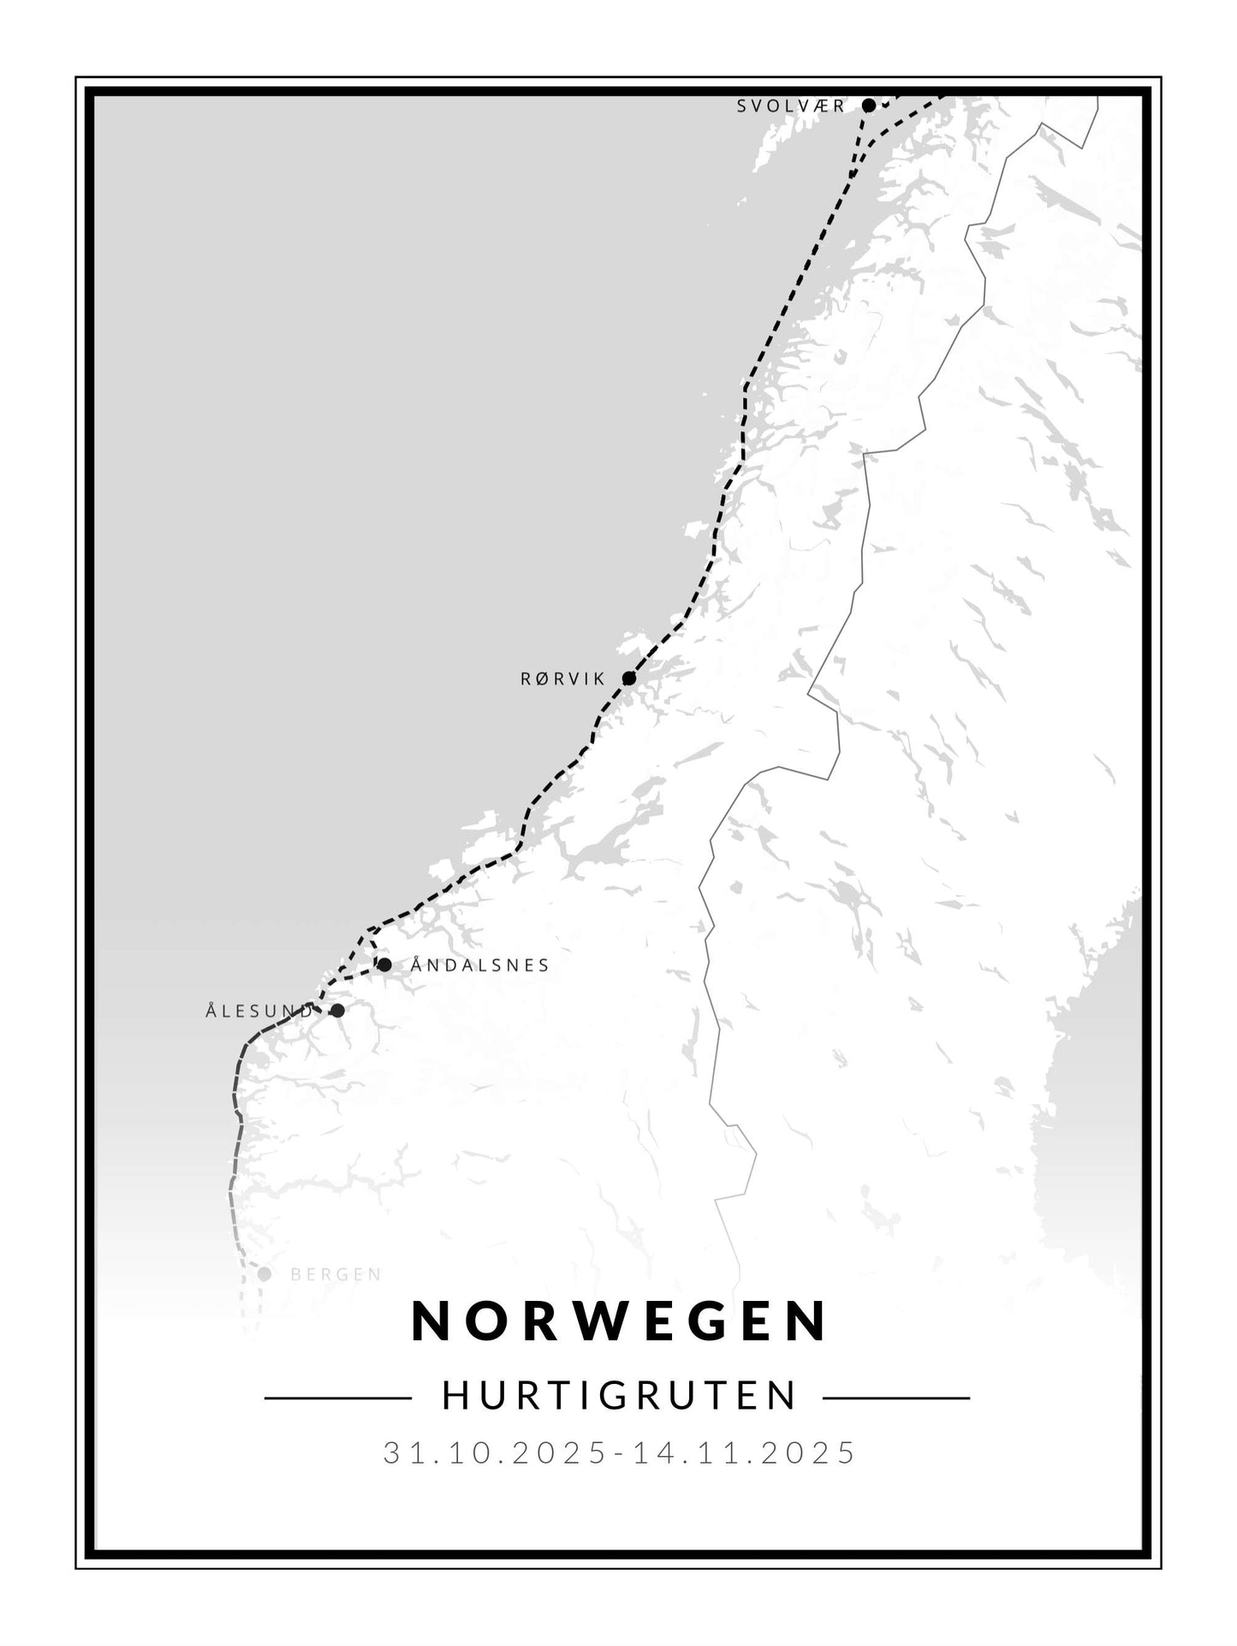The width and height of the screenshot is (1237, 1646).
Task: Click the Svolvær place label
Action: click(790, 106)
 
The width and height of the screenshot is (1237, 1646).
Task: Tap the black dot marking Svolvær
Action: click(869, 105)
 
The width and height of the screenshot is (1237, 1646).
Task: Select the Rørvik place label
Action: click(563, 679)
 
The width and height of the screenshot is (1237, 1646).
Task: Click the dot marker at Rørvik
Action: click(629, 678)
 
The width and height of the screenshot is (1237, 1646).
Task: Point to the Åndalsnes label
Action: click(479, 965)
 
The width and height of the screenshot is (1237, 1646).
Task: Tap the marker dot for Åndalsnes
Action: click(384, 965)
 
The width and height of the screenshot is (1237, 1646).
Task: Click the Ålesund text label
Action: click(259, 1011)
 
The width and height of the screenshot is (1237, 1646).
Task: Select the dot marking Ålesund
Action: click(337, 1011)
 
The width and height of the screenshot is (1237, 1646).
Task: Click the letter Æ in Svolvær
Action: click(826, 106)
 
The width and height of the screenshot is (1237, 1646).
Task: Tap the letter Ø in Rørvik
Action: click(543, 679)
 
